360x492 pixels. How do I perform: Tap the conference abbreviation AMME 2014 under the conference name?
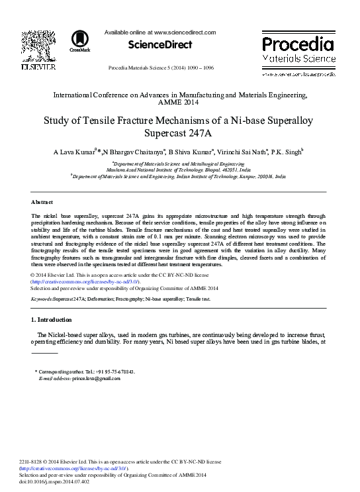(180, 104)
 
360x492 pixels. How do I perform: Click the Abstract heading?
(43, 201)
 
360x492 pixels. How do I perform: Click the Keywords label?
(46, 299)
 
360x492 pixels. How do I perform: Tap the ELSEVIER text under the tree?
(37, 67)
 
